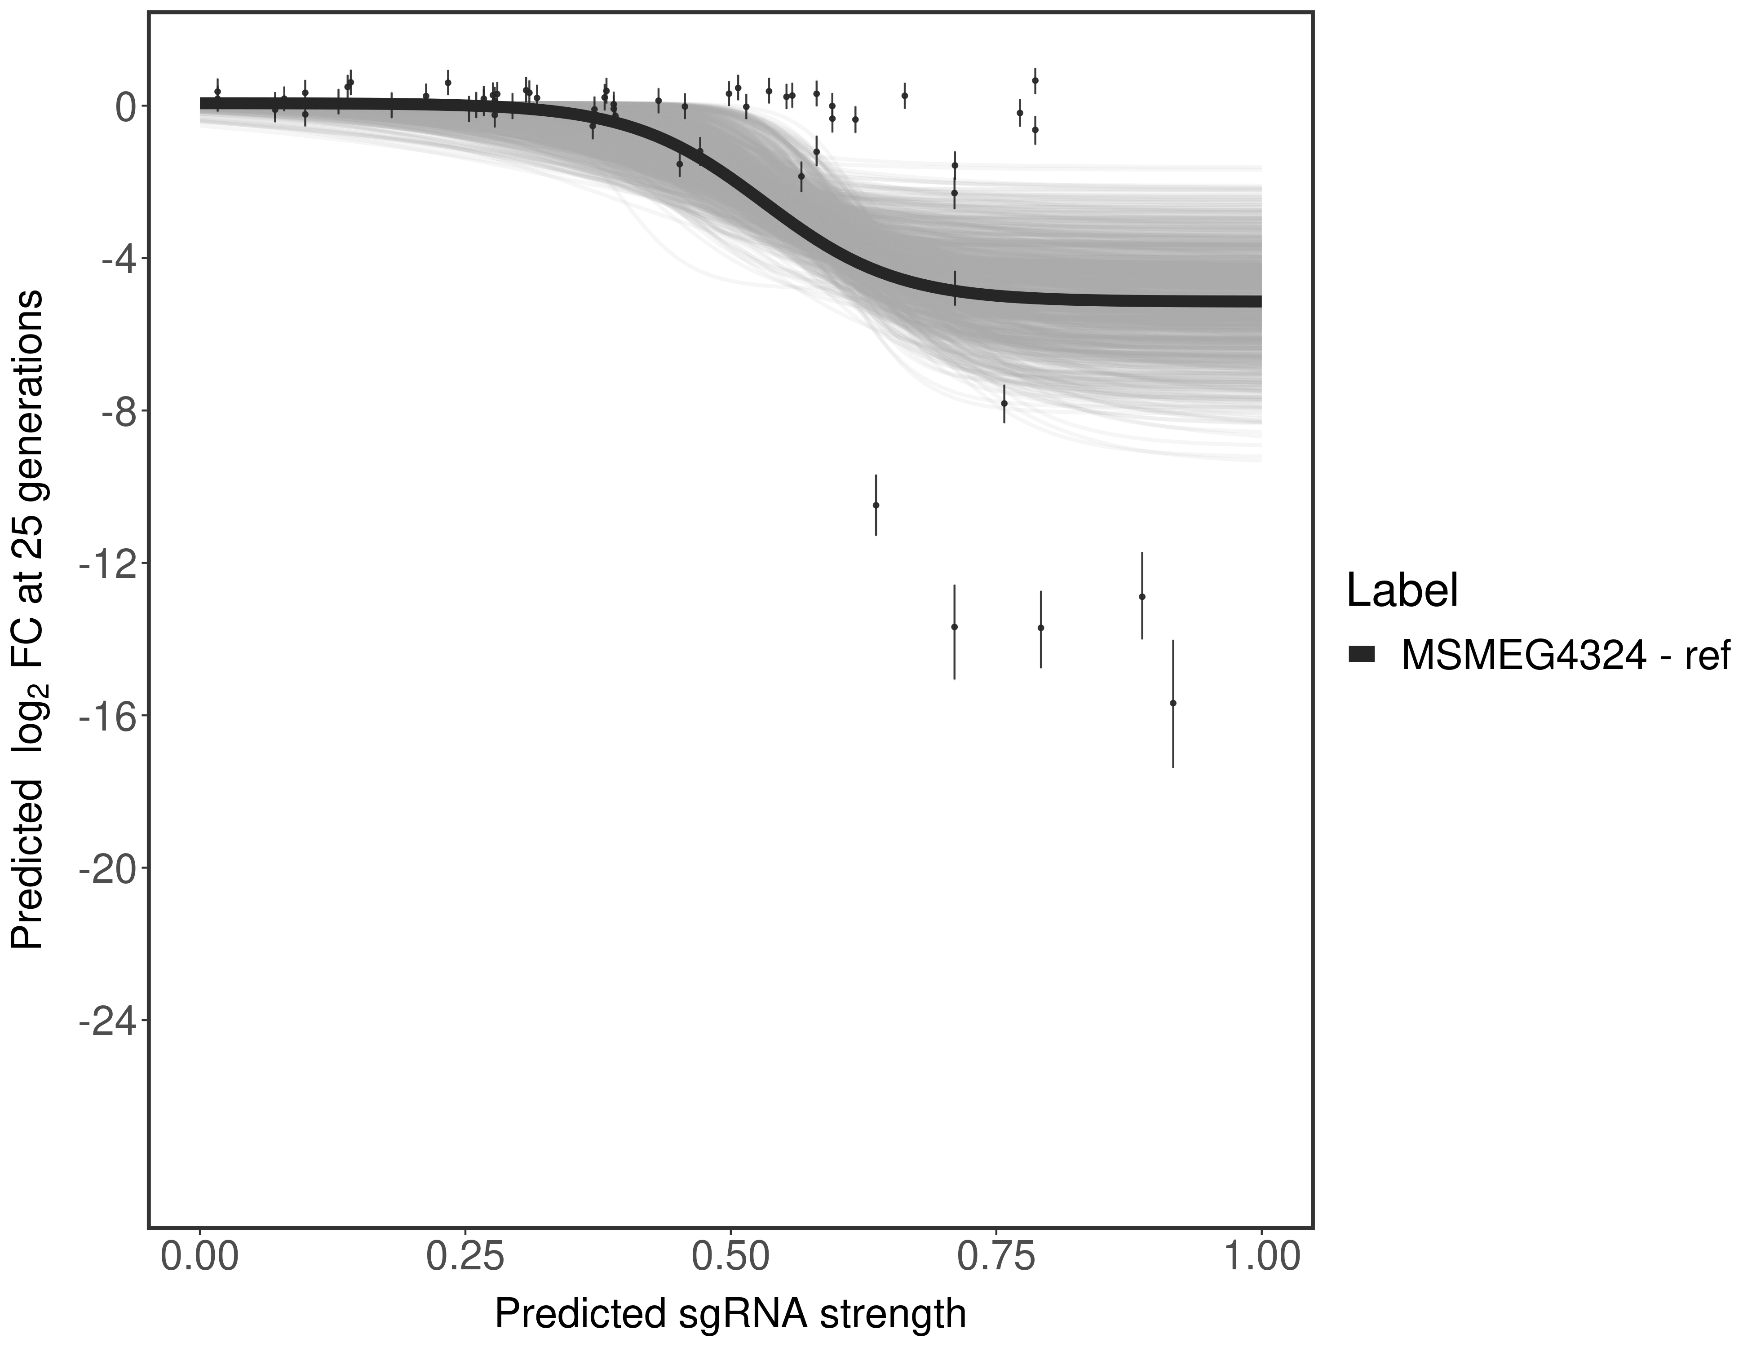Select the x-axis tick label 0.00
(x=200, y=1255)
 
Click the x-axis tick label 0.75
(x=995, y=1255)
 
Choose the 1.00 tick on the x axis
(x=1261, y=1255)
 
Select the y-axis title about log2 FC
(x=28, y=619)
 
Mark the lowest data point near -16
(x=1173, y=703)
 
